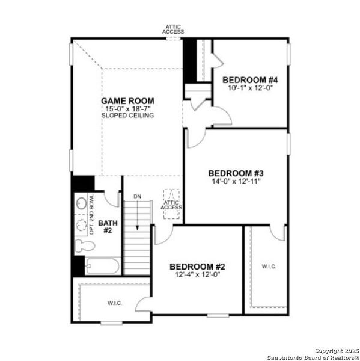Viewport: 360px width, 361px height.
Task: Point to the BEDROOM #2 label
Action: point(197,267)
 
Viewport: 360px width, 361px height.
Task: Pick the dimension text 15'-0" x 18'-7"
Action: point(127,108)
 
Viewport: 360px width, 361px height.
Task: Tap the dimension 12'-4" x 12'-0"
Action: point(197,274)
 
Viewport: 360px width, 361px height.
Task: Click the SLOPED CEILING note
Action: point(127,116)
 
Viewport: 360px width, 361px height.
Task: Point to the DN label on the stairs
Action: point(137,197)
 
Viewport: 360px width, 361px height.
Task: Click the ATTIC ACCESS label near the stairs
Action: point(171,205)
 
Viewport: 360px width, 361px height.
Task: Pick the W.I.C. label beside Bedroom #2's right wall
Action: point(268,266)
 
